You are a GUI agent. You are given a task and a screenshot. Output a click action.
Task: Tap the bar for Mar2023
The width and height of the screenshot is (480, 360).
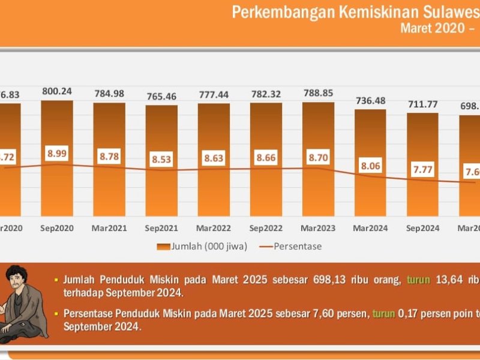(x=318, y=192)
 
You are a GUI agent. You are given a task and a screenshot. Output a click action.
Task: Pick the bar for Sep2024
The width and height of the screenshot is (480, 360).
(x=422, y=198)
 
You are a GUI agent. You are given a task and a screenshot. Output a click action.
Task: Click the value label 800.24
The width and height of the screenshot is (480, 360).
(x=57, y=92)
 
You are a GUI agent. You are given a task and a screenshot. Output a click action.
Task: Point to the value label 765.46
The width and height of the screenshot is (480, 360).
(x=161, y=96)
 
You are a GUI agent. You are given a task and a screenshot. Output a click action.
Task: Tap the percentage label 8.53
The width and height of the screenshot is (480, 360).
(x=161, y=160)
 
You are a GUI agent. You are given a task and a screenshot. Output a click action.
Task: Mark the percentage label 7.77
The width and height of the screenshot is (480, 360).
(x=422, y=170)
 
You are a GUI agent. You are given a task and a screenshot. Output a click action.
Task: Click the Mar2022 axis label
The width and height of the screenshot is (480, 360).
(x=214, y=228)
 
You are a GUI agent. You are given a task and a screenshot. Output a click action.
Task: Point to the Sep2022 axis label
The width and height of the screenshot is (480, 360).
(x=266, y=228)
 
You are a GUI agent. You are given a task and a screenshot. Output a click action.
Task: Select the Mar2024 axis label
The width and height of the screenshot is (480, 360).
(x=370, y=228)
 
